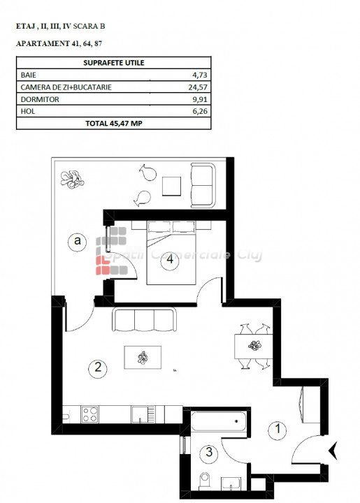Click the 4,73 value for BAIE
pos(199,75)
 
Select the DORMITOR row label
pos(40,99)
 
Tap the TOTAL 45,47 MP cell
pos(113,123)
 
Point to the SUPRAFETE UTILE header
pos(113,63)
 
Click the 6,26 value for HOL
pos(199,111)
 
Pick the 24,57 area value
pos(198,87)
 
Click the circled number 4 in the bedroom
pos(170,259)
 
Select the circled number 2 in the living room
pos(98,367)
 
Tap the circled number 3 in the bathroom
pos(209,452)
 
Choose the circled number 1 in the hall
pos(278,429)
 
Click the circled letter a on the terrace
pos(77,241)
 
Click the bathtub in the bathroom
pos(219,421)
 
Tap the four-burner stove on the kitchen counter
pos(90,414)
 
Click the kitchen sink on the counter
pos(143,414)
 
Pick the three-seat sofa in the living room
pos(144,319)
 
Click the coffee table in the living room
pos(143,358)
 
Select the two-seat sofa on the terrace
pos(203,185)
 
